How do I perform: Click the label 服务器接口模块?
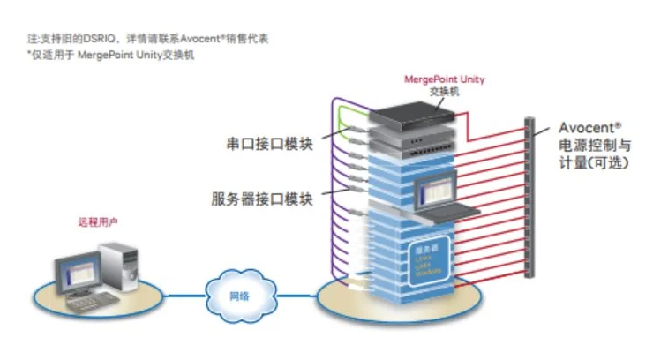coord(263,199)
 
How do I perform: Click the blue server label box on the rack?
coord(432,258)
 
